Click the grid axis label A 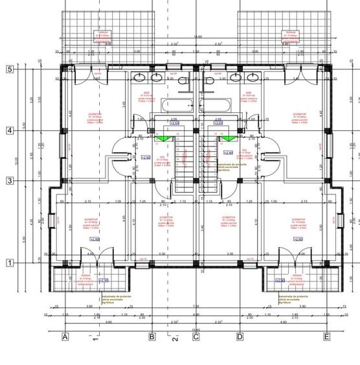coord(65,337)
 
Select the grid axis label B coord(152,337)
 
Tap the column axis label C coord(196,337)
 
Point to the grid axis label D coord(240,337)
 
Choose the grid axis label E coord(327,337)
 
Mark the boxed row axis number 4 coord(10,130)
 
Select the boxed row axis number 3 coord(10,180)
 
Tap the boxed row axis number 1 coord(10,263)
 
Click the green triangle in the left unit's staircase coord(163,138)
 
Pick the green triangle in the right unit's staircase coord(228,138)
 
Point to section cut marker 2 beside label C coord(174,338)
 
